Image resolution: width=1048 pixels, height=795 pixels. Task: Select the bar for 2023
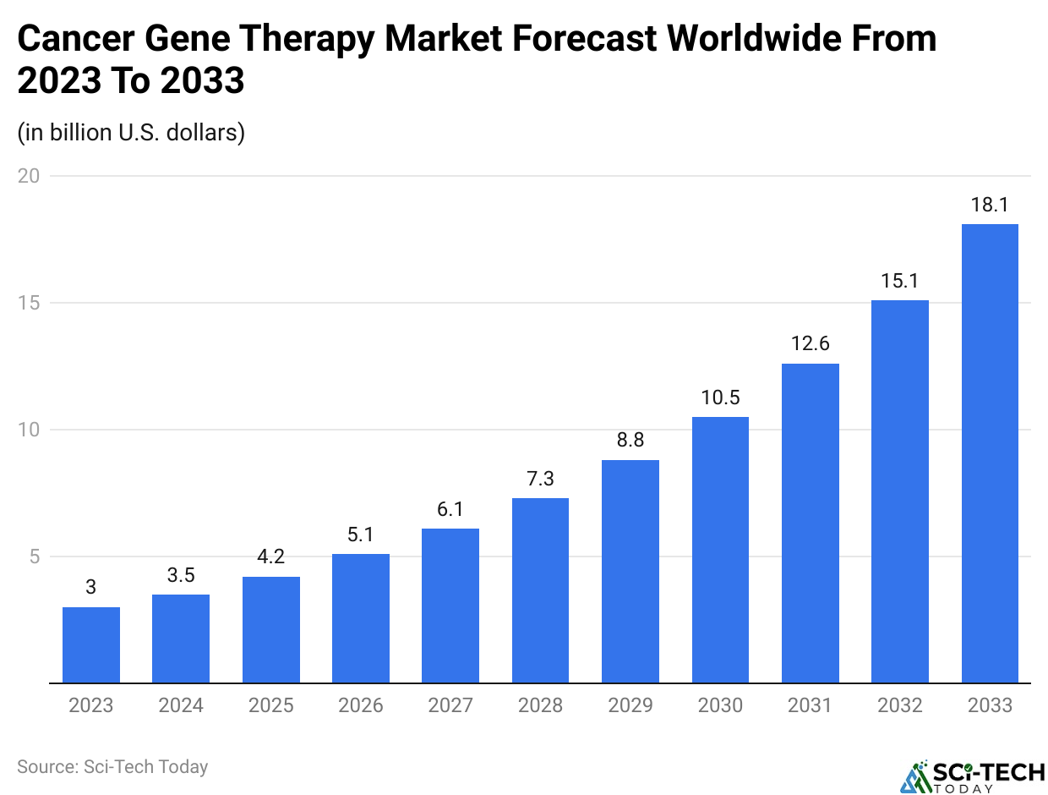pos(91,644)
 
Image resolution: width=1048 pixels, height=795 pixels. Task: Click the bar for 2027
pos(450,606)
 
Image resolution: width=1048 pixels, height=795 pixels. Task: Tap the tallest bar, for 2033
pos(990,453)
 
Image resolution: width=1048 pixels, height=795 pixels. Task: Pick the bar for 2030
pos(720,550)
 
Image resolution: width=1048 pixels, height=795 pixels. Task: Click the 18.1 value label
pos(990,206)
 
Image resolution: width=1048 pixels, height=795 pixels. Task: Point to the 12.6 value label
pos(810,345)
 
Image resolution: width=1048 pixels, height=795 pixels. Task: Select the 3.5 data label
pos(181,576)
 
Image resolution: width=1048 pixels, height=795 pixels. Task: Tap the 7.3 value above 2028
pos(540,480)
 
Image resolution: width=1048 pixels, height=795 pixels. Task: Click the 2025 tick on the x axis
pos(270,705)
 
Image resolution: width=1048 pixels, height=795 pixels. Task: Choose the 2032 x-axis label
pos(899,705)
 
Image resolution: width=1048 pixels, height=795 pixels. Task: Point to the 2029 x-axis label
pos(630,705)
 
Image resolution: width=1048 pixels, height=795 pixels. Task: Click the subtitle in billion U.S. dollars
pos(131,133)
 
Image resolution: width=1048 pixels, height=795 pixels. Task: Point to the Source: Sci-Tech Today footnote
pos(112,767)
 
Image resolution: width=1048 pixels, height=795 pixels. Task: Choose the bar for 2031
pos(810,524)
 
